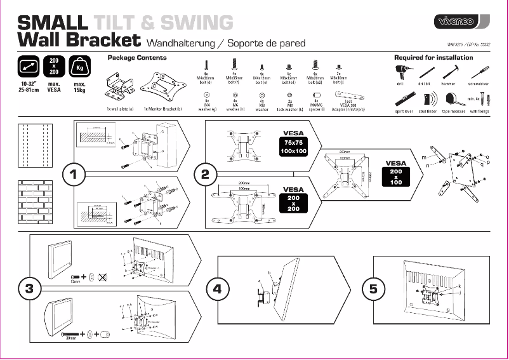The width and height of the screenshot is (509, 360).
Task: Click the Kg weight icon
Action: click(x=80, y=67)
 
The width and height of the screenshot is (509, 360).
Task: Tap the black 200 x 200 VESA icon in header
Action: click(x=54, y=67)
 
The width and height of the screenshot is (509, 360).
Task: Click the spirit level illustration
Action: click(x=403, y=100)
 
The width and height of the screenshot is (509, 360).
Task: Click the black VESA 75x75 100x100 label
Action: click(x=294, y=144)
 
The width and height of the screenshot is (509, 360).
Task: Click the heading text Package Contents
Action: click(x=137, y=58)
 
